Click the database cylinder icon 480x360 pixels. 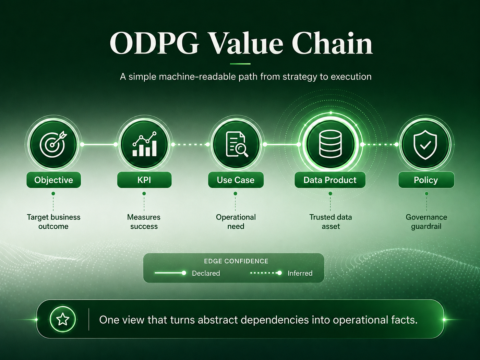click(x=331, y=144)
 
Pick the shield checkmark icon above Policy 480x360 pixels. click(x=425, y=145)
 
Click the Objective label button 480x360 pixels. click(x=53, y=180)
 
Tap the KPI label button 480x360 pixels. click(x=144, y=180)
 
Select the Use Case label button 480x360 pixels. click(x=236, y=180)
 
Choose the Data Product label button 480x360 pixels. click(x=330, y=180)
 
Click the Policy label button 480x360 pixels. click(x=426, y=180)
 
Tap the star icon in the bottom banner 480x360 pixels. click(x=63, y=319)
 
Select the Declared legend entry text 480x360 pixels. click(x=206, y=273)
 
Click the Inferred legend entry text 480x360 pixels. click(x=300, y=273)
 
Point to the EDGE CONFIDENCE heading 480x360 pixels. click(x=236, y=261)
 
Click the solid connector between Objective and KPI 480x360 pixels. click(x=99, y=144)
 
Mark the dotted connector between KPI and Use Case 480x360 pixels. click(x=190, y=144)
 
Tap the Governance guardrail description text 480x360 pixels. click(x=426, y=221)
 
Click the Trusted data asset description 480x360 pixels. click(x=331, y=221)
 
